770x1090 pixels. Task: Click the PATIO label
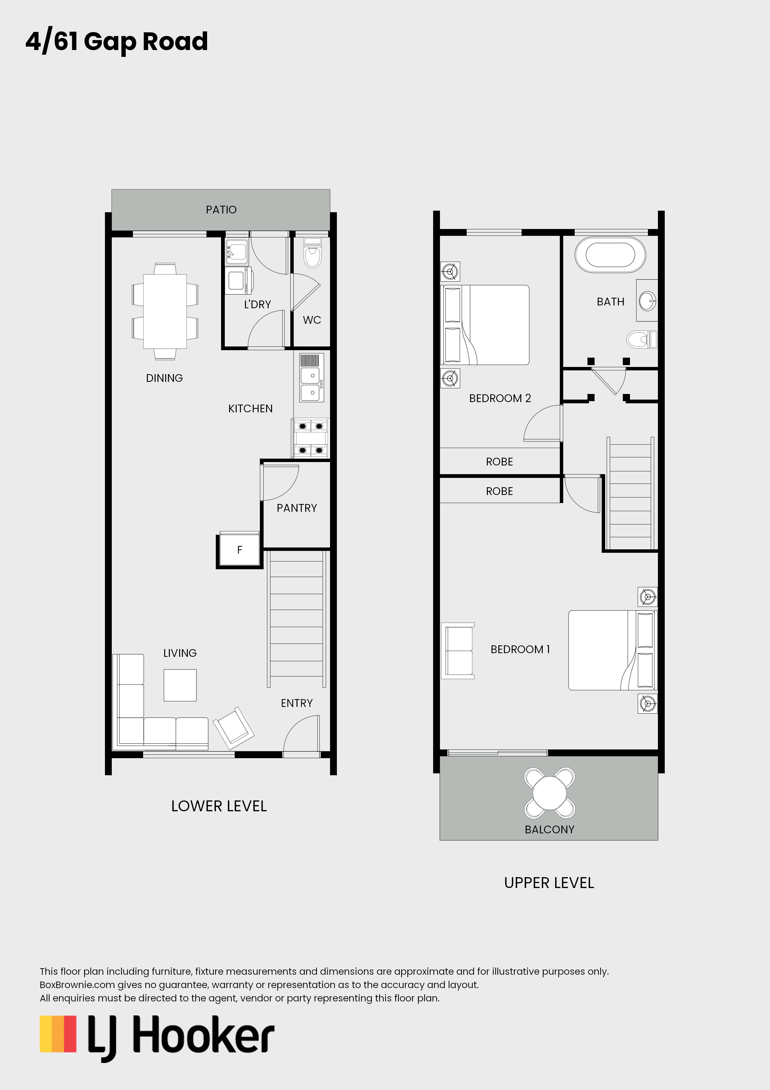221,209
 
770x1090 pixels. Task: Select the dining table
165,311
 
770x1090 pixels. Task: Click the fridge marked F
240,550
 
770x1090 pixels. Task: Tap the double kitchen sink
312,378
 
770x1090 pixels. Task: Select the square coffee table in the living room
180,685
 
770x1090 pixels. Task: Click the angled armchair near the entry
234,728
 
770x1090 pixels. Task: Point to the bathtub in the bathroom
610,254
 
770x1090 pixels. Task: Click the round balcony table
549,793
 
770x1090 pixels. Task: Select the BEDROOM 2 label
500,398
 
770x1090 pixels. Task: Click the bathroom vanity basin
647,300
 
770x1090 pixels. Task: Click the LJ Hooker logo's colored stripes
58,1034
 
